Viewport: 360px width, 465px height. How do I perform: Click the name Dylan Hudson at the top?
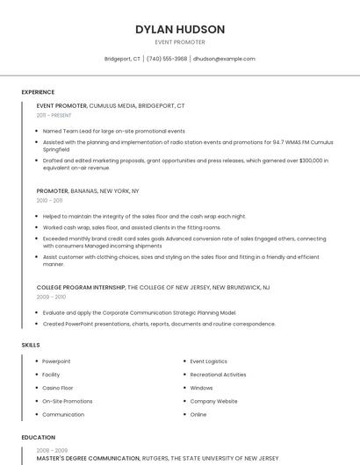click(x=180, y=29)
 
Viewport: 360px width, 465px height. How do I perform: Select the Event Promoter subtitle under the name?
click(x=180, y=42)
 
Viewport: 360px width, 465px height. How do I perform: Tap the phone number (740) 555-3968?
click(x=166, y=59)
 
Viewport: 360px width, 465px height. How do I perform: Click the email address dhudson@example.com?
click(x=224, y=59)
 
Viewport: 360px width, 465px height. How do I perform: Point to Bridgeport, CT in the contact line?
click(x=122, y=59)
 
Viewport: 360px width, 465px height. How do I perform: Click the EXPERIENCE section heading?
click(x=38, y=92)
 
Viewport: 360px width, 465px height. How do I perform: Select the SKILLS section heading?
click(x=31, y=345)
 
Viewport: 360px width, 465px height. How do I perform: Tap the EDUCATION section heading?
click(x=39, y=437)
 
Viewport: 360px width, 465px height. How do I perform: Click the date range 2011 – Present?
click(x=54, y=115)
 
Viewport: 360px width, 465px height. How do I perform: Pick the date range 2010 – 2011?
click(x=50, y=200)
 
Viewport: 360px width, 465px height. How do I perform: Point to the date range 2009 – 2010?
click(x=51, y=297)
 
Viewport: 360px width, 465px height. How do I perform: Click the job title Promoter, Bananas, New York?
click(x=88, y=190)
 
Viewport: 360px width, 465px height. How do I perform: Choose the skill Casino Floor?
click(x=58, y=387)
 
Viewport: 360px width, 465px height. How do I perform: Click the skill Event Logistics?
click(x=208, y=361)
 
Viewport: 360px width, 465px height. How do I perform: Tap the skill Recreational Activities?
click(x=218, y=374)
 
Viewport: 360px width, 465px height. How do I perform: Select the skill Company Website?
click(x=213, y=401)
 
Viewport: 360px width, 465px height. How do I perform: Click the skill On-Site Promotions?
click(x=67, y=401)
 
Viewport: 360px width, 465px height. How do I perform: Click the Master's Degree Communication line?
click(x=157, y=458)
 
